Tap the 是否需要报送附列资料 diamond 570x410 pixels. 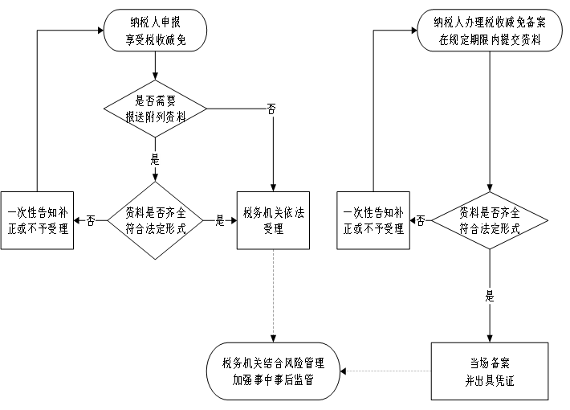[155, 108]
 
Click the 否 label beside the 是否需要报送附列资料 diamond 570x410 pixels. [271, 109]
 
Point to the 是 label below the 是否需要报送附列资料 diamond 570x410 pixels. [155, 159]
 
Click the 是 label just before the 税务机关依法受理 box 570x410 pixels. [220, 221]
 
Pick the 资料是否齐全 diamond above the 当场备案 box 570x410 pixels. [490, 220]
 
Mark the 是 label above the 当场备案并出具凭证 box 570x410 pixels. [490, 296]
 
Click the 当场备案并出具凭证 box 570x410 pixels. [490, 371]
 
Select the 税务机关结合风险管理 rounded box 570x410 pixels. [273, 371]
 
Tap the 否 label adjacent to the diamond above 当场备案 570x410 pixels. [421, 220]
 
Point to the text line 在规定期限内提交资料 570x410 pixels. [490, 39]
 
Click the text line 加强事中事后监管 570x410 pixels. [273, 380]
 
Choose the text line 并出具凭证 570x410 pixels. [490, 381]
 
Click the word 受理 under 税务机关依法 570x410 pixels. [273, 229]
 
